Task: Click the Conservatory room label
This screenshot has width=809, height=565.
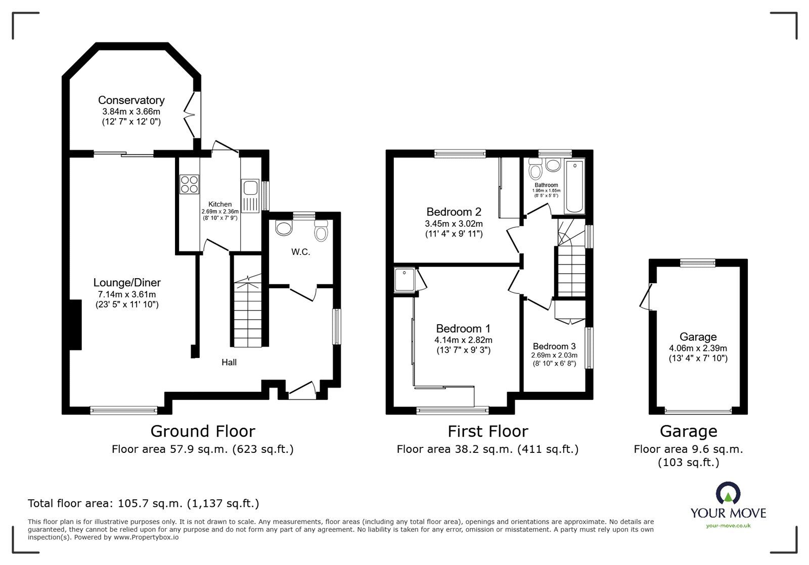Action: click(131, 100)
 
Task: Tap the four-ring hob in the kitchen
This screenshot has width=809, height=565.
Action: click(189, 183)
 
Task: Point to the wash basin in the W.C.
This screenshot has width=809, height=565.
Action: click(284, 228)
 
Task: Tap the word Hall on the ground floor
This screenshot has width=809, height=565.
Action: click(229, 362)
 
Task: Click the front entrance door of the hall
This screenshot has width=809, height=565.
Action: click(301, 390)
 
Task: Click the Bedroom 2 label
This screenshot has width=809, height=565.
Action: click(454, 212)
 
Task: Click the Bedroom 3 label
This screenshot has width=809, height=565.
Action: click(554, 346)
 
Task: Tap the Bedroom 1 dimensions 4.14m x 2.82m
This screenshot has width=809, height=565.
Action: click(463, 340)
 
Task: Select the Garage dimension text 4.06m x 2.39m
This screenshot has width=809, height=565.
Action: click(698, 348)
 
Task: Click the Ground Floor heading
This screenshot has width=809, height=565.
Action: click(203, 431)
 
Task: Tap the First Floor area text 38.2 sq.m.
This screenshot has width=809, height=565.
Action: click(487, 449)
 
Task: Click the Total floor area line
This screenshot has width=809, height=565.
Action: click(143, 503)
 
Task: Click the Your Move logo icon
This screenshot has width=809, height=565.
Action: click(728, 494)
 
